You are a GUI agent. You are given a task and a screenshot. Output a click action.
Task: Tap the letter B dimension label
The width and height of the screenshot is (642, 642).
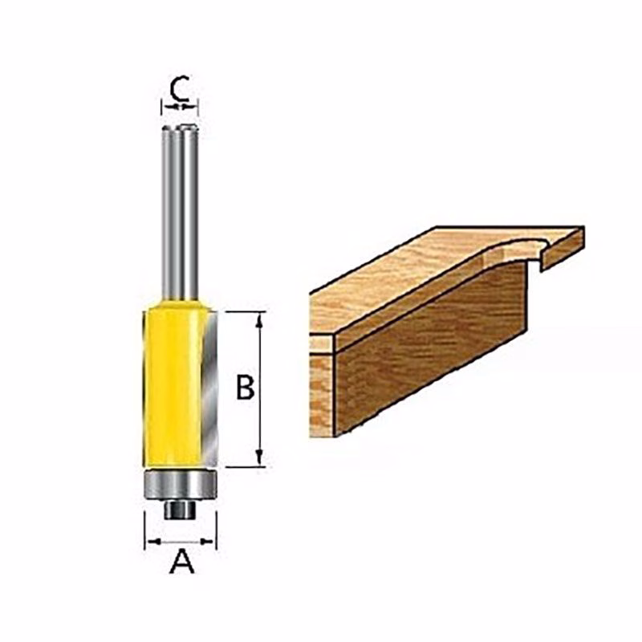[x=246, y=388]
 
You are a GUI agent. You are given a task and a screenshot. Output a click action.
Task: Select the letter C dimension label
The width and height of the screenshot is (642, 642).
[x=179, y=88]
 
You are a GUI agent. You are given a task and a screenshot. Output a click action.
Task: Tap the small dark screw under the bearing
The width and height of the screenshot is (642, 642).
[x=180, y=510]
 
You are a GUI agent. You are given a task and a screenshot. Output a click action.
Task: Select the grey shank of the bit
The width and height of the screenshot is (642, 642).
[x=180, y=213]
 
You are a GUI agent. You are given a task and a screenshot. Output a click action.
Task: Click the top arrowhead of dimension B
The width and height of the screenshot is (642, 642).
[x=258, y=321]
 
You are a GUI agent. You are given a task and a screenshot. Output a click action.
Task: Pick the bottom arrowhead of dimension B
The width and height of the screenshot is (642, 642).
[x=258, y=457]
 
